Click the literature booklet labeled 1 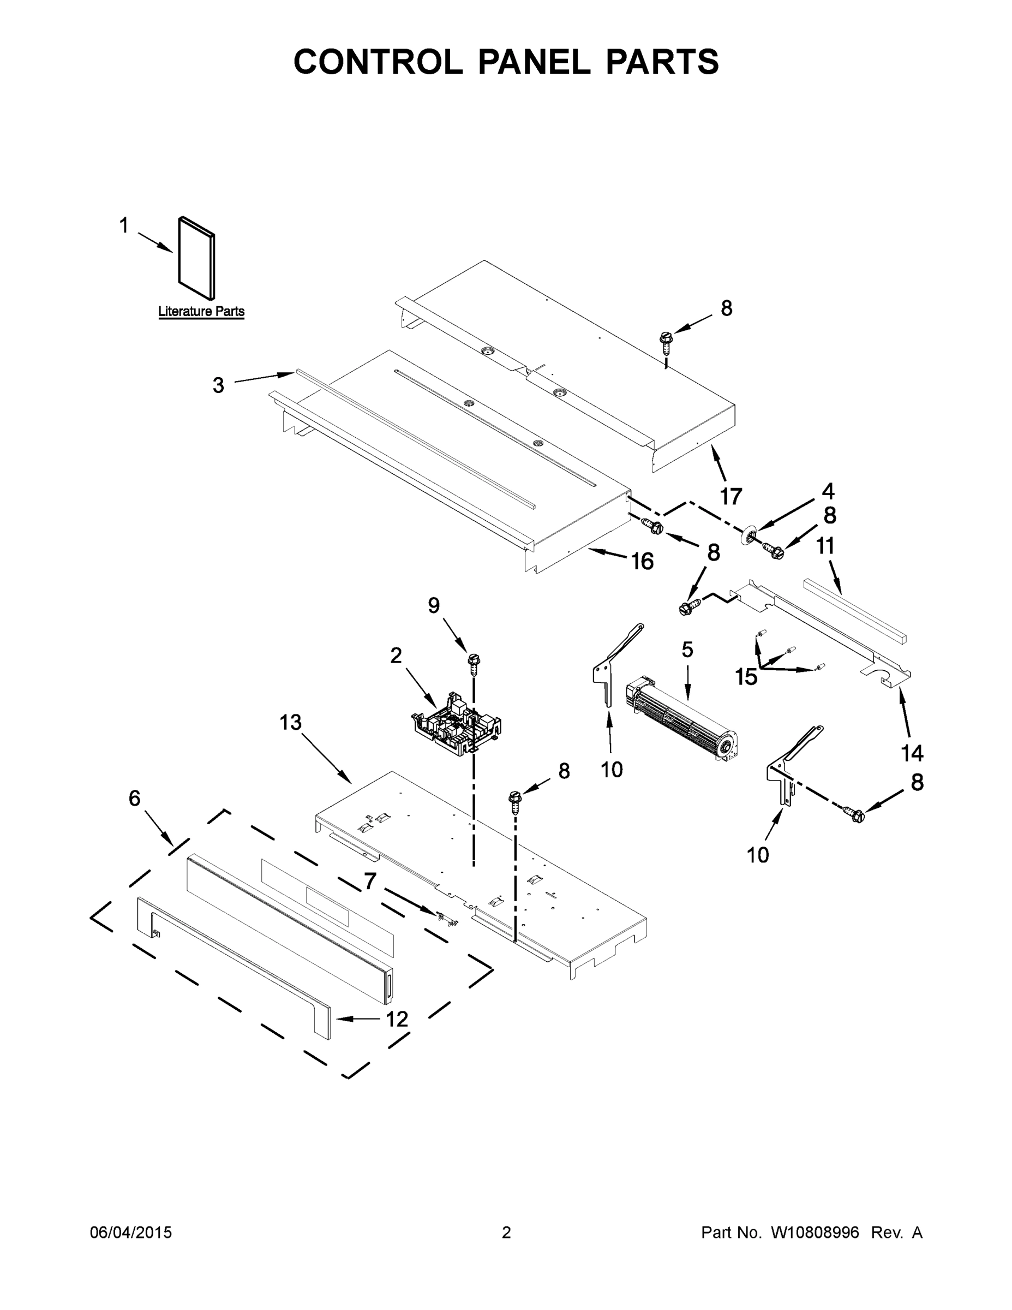196,258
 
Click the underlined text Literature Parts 201,312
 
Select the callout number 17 731,497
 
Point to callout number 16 642,562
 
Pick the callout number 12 397,1019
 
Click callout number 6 134,799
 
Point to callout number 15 746,677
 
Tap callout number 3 218,385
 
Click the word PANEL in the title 534,62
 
